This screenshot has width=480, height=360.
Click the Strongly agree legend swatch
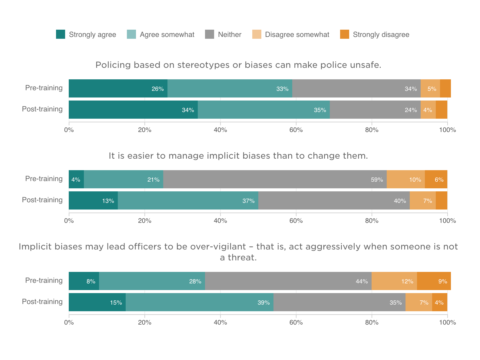point(61,34)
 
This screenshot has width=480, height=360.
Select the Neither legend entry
point(223,35)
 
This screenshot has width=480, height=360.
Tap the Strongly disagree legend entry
point(375,35)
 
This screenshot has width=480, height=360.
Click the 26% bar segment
point(118,88)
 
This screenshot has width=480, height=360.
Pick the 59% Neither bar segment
point(275,179)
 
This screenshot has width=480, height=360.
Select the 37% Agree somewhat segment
point(188,200)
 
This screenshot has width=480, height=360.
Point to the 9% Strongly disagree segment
point(434,281)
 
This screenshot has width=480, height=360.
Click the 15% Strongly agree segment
point(97,302)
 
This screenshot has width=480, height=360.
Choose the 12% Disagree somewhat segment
point(394,281)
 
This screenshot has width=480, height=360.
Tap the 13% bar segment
point(93,200)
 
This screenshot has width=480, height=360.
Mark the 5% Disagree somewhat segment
point(430,88)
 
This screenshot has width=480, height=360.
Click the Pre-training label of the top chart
point(44,88)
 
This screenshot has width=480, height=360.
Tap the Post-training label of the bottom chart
point(42,302)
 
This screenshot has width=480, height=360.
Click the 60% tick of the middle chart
point(296,221)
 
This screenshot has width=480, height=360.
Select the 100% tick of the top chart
point(447,130)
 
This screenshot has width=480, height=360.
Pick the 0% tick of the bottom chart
point(69,322)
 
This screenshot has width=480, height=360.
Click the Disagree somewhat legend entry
point(291,35)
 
